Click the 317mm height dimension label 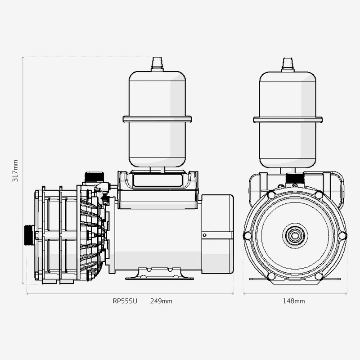pos(16,171)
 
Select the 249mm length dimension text pos(161,301)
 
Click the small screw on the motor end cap pos(204,234)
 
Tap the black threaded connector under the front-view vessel pos(295,179)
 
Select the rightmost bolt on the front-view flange pos(342,236)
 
